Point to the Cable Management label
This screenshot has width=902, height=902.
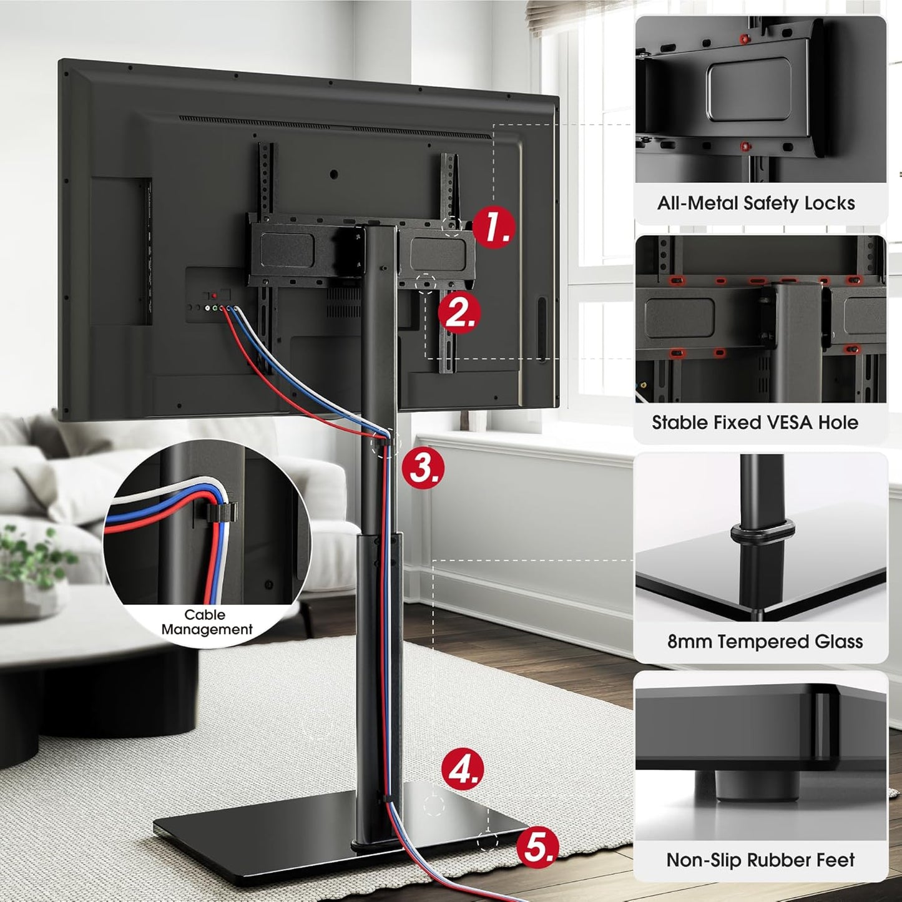[206, 622]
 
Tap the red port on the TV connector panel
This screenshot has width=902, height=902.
[214, 295]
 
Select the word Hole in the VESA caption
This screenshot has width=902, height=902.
[838, 423]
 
